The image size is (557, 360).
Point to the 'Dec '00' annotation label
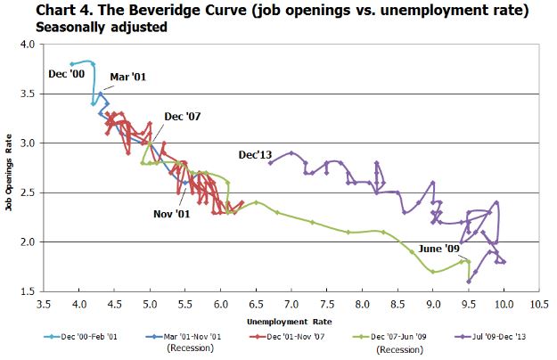(x=66, y=73)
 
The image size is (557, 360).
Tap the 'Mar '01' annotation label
(x=127, y=78)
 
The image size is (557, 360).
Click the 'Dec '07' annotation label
(x=183, y=118)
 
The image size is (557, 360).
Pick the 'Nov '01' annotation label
(x=170, y=214)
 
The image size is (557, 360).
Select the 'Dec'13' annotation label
(x=254, y=154)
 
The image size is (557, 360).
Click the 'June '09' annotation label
(x=438, y=248)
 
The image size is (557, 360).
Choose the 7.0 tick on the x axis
(x=291, y=303)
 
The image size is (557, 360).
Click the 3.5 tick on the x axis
(x=43, y=303)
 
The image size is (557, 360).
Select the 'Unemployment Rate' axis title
(x=291, y=318)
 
